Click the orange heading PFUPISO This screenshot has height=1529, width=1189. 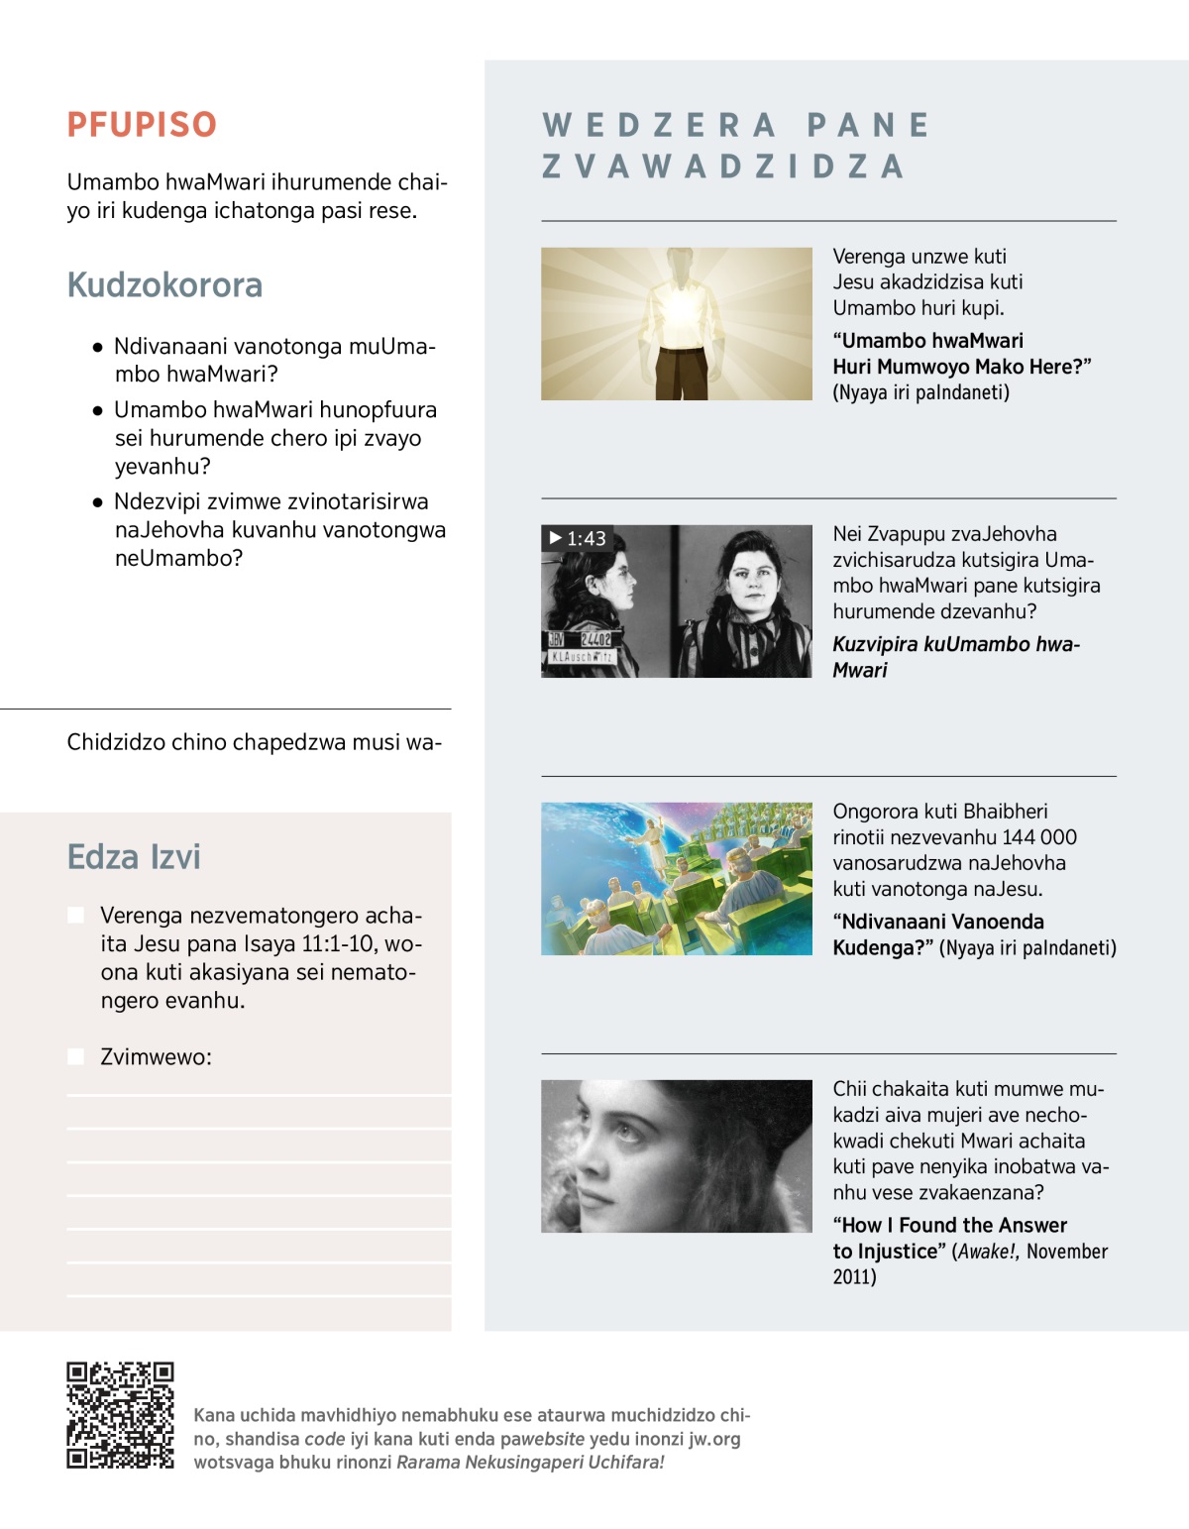click(x=142, y=125)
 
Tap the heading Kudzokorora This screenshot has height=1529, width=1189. click(x=164, y=285)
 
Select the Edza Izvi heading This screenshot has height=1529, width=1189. click(x=134, y=857)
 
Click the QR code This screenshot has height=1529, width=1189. click(x=120, y=1415)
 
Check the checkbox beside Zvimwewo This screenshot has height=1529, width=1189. click(x=75, y=1056)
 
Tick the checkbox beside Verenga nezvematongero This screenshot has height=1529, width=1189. click(x=75, y=915)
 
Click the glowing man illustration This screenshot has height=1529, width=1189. click(x=677, y=324)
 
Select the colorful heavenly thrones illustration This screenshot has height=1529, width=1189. click(x=677, y=879)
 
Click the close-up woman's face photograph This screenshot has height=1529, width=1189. click(x=677, y=1156)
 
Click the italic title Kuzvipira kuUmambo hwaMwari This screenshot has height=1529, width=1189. click(x=955, y=656)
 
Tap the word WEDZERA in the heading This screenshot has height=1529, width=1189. click(x=659, y=126)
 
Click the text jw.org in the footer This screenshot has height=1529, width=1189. click(x=714, y=1439)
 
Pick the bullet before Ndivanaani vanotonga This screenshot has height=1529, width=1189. click(x=97, y=348)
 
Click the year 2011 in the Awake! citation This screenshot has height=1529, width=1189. click(x=854, y=1276)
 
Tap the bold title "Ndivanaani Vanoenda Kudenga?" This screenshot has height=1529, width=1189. click(x=937, y=934)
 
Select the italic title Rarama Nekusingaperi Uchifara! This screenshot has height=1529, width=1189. click(x=530, y=1463)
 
